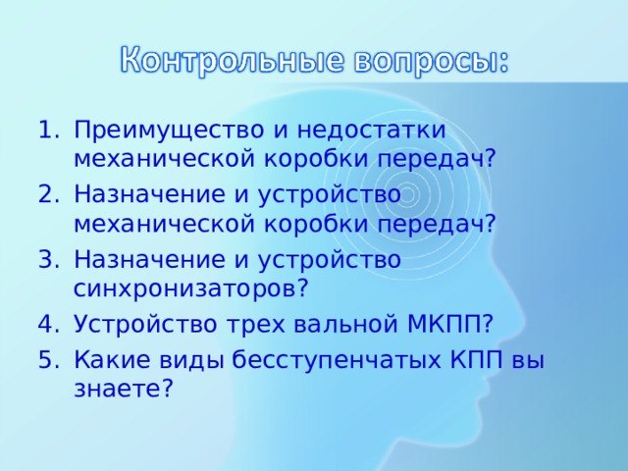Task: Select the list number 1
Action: tap(45, 131)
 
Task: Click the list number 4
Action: tap(45, 325)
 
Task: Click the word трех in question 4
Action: tap(254, 325)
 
